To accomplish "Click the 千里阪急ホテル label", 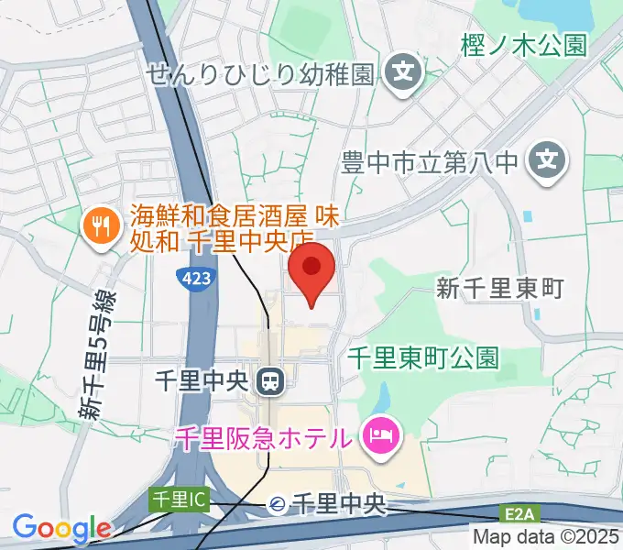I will pyautogui.click(x=264, y=437).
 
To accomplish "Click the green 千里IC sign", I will pyautogui.click(x=180, y=500).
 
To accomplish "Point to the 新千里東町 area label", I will pyautogui.click(x=498, y=289).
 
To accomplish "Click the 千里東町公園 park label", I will pyautogui.click(x=424, y=358).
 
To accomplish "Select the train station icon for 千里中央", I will pyautogui.click(x=269, y=380).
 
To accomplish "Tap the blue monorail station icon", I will pyautogui.click(x=277, y=503).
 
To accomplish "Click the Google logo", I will pyautogui.click(x=61, y=528).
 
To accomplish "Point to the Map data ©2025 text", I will pyautogui.click(x=547, y=536).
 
